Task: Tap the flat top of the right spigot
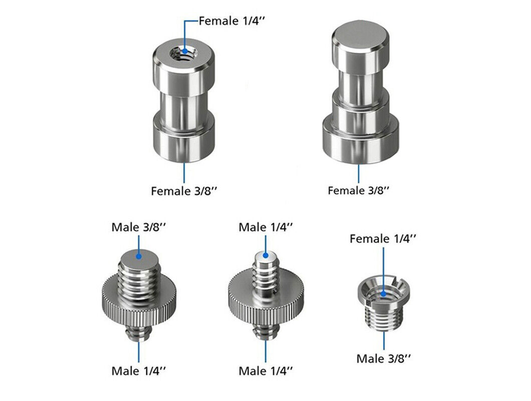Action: [x=360, y=33]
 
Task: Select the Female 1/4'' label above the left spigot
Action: [x=231, y=21]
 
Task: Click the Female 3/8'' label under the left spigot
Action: [x=183, y=191]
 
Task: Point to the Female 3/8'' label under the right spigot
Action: [x=358, y=190]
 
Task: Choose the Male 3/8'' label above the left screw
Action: [x=139, y=227]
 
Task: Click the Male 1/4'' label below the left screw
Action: [x=139, y=371]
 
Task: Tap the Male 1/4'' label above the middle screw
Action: [x=266, y=227]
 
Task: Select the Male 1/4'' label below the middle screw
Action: [x=266, y=371]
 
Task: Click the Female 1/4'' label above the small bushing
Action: [x=383, y=239]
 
